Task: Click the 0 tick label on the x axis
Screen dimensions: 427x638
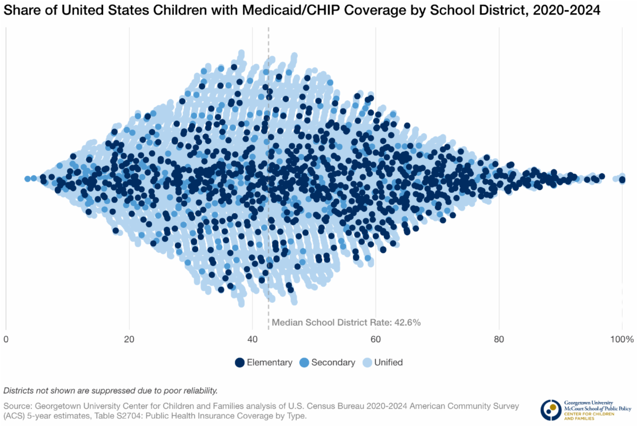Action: pos(6,339)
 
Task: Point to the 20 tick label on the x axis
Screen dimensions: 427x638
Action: pos(129,339)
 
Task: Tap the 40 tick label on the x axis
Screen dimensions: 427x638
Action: pos(253,339)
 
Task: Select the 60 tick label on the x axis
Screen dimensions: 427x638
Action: pos(376,339)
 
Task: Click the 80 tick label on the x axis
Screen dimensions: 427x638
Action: pos(499,339)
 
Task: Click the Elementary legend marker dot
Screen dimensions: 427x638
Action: pos(240,362)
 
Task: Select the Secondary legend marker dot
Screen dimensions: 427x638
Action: pos(304,362)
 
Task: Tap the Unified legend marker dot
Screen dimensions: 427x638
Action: pos(367,362)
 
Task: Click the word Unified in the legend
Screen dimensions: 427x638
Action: pos(388,362)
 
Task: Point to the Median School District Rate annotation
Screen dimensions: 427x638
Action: pos(346,322)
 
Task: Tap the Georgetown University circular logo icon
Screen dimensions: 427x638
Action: pos(551,409)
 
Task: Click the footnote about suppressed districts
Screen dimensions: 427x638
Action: pos(111,390)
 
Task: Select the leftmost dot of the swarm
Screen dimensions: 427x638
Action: pos(27,178)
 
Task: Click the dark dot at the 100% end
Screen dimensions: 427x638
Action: pos(622,180)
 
